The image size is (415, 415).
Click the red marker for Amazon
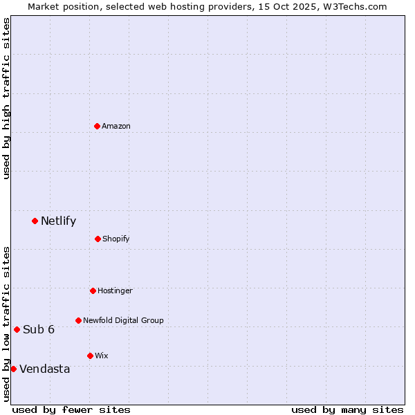pyautogui.click(x=97, y=126)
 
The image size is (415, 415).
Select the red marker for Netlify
pyautogui.click(x=35, y=221)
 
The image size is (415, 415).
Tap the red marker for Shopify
pyautogui.click(x=98, y=239)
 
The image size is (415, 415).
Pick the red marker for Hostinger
pyautogui.click(x=93, y=290)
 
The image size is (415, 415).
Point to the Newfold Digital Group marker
pyautogui.click(x=78, y=320)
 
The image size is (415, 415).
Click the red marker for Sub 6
pyautogui.click(x=17, y=329)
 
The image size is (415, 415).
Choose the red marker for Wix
pyautogui.click(x=90, y=356)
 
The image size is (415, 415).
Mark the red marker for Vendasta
pyautogui.click(x=13, y=369)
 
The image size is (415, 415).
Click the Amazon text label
pyautogui.click(x=116, y=126)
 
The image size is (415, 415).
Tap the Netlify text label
pyautogui.click(x=59, y=221)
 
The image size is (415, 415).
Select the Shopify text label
pyautogui.click(x=116, y=239)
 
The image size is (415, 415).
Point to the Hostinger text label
pyautogui.click(x=115, y=291)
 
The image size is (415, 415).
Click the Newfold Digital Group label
pyautogui.click(x=123, y=321)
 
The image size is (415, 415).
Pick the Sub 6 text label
pyautogui.click(x=39, y=329)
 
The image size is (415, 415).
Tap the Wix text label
pyautogui.click(x=102, y=356)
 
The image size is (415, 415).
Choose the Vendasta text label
pyautogui.click(x=45, y=369)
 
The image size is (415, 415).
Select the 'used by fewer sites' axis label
pyautogui.click(x=71, y=409)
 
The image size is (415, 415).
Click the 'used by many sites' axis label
pyautogui.click(x=347, y=409)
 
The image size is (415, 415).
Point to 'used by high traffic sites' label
pyautogui.click(x=6, y=98)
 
